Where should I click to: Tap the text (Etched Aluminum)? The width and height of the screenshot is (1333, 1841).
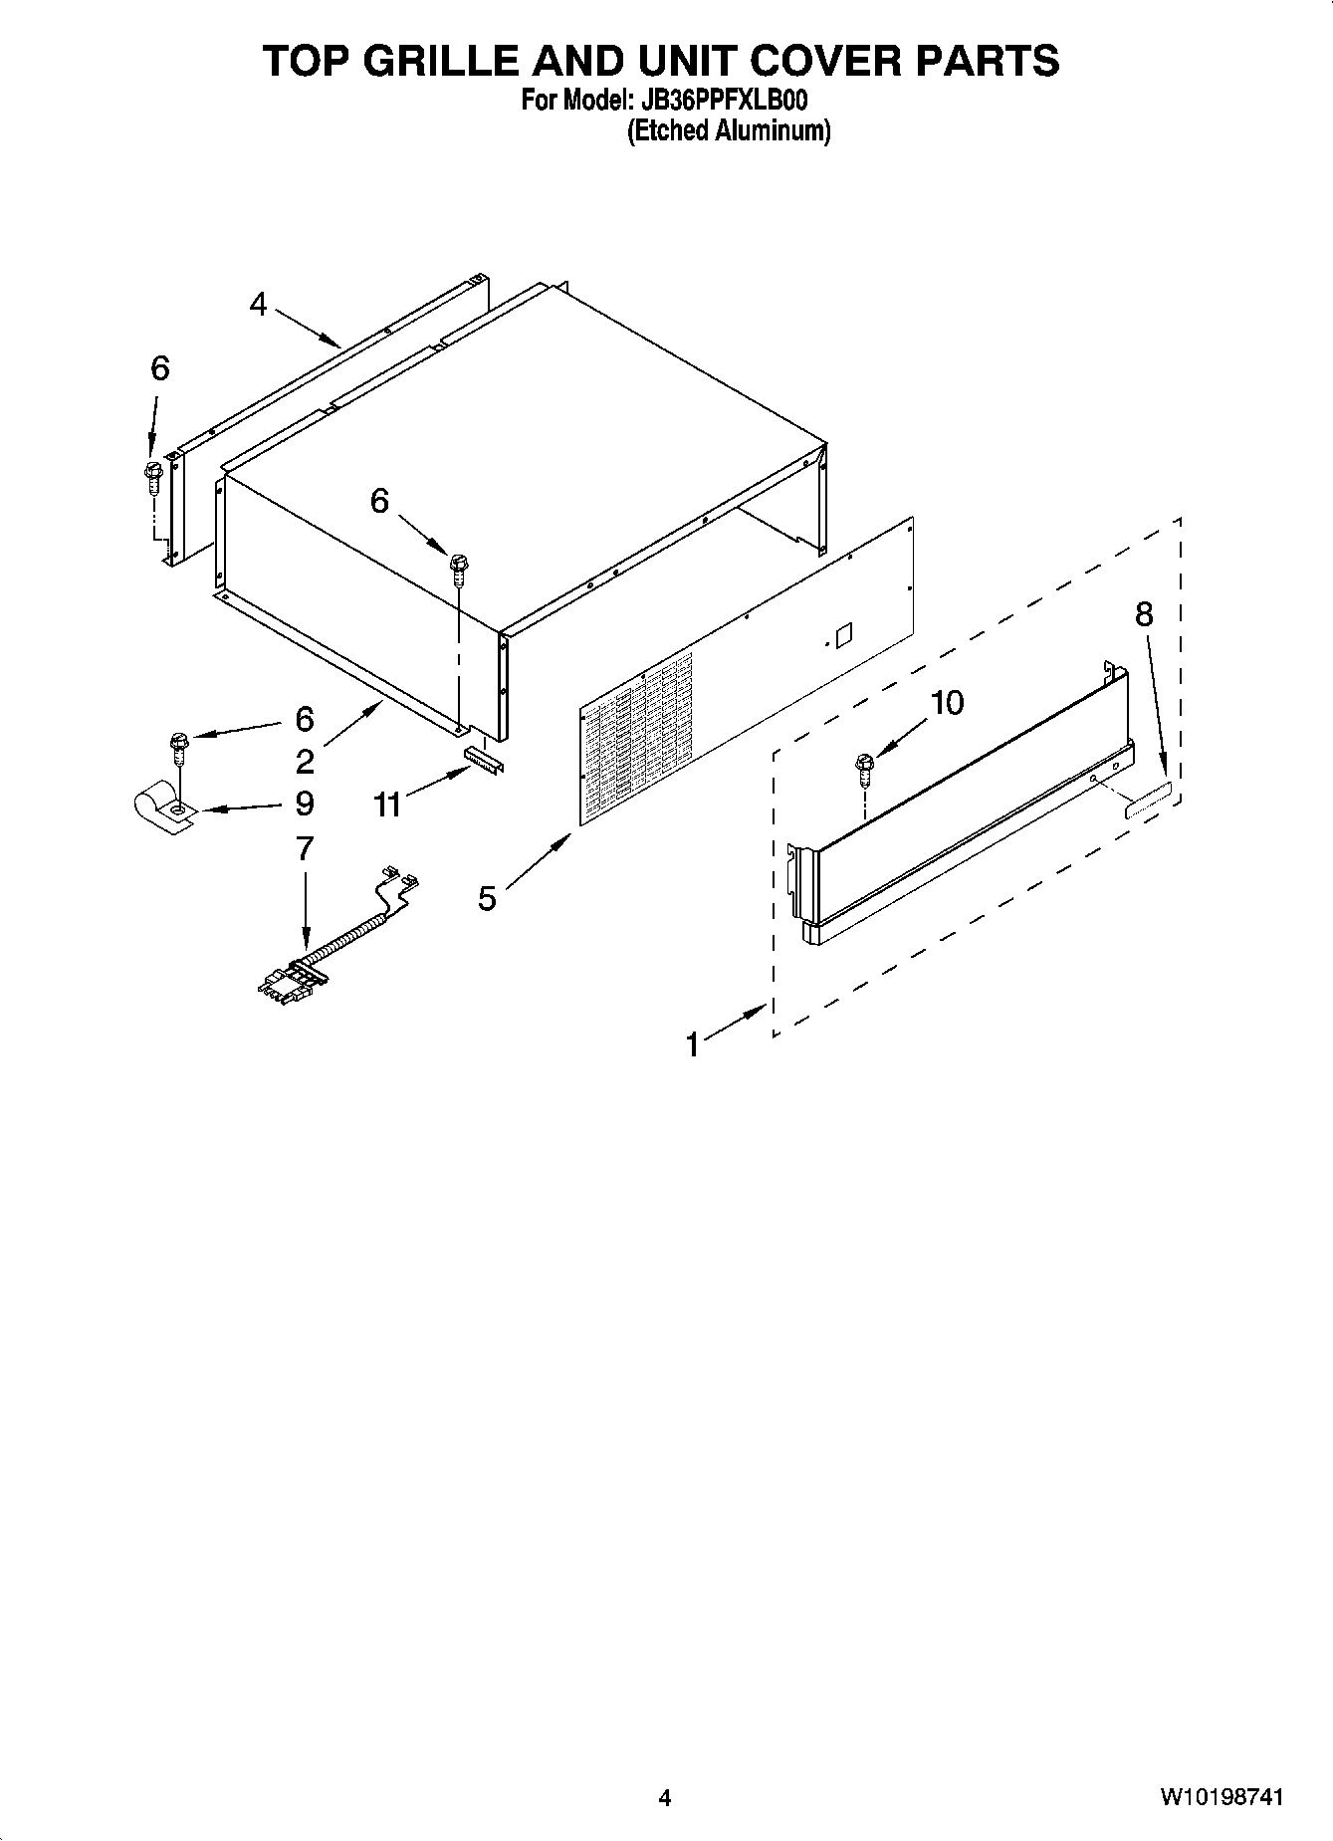point(728,130)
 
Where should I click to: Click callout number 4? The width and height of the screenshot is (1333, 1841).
point(259,304)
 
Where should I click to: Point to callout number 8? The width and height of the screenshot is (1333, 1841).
point(1144,614)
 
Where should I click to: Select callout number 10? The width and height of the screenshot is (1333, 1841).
point(947,703)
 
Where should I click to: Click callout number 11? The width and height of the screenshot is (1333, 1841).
point(387,803)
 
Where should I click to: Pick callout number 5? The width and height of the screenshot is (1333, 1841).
point(487,898)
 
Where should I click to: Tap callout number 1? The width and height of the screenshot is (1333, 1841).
point(693,1044)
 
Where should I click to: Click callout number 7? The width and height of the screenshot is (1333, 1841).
point(305,848)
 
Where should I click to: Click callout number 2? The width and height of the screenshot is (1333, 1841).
point(305,762)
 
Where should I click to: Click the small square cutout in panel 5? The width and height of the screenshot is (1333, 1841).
point(844,633)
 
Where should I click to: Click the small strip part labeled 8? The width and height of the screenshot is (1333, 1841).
point(1148,801)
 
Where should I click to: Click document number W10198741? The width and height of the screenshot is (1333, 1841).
point(1221,1797)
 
